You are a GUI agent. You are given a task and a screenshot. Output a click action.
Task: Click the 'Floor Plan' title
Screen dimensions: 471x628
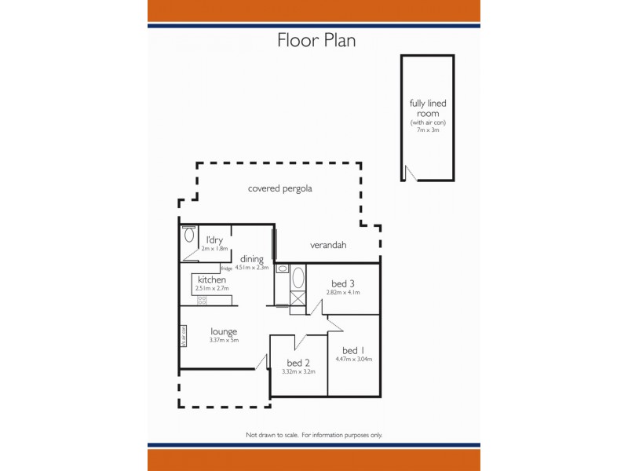tap(316, 40)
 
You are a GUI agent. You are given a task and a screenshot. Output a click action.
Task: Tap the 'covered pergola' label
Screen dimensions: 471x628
tap(280, 189)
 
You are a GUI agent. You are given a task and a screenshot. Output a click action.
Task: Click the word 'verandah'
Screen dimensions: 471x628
tap(328, 245)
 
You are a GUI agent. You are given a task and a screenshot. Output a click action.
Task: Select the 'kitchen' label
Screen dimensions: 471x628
tap(211, 280)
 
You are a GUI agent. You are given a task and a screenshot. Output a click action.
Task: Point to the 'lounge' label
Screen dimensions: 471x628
tap(224, 331)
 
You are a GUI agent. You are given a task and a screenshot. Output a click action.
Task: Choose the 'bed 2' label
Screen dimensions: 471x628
tap(298, 363)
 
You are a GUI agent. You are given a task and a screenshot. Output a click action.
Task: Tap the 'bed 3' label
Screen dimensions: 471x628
tap(343, 283)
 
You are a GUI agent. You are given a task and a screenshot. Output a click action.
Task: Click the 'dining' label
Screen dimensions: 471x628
tap(252, 259)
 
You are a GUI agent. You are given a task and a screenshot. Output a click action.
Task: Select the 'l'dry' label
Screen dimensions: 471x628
tap(215, 240)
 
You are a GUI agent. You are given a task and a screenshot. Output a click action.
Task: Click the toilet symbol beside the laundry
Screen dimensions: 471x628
tap(188, 235)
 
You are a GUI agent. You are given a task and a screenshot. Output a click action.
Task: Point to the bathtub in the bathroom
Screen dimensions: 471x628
tap(298, 279)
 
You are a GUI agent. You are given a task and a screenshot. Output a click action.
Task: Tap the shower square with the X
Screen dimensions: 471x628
tap(298, 298)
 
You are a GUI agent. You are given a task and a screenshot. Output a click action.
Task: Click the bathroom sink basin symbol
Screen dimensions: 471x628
tap(283, 268)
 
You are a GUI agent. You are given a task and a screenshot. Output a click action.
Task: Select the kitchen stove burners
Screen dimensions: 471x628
tap(203, 299)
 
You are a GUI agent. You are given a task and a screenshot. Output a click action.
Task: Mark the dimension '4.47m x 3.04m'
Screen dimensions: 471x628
tap(354, 359)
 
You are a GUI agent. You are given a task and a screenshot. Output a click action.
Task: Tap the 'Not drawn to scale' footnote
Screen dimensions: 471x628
tap(314, 435)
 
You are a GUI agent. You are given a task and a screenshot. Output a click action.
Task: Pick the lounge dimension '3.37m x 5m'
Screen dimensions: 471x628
tap(224, 340)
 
